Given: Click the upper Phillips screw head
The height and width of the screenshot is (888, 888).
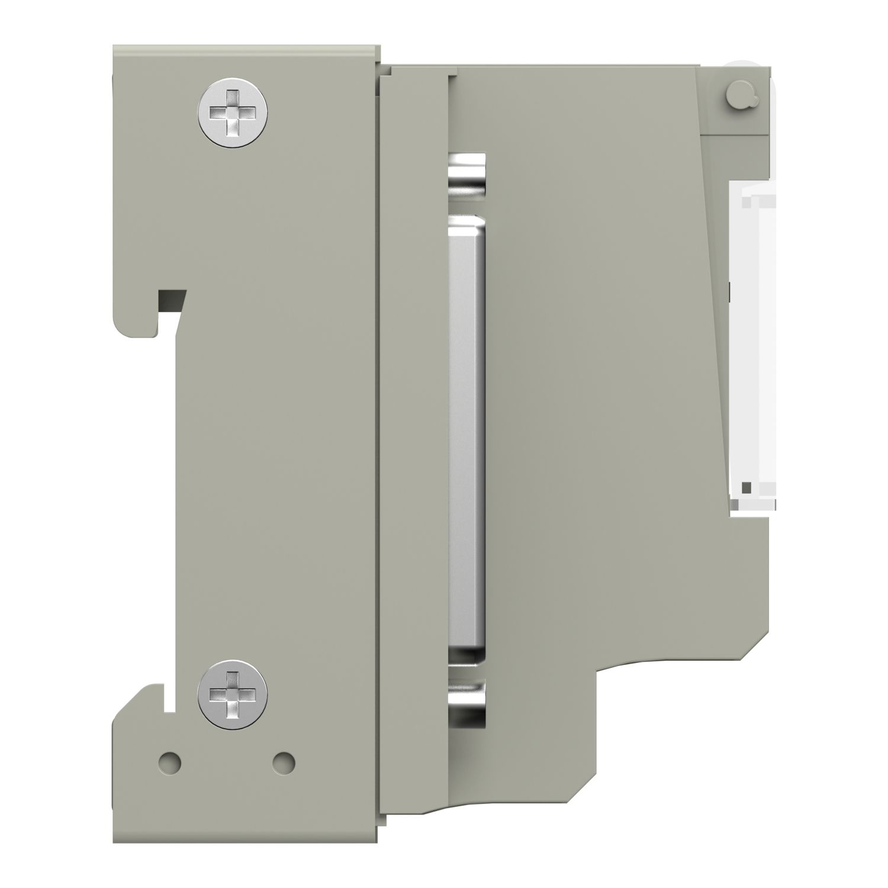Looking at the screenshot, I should (232, 112).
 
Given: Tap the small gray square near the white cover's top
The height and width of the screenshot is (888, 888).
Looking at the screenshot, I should (748, 203).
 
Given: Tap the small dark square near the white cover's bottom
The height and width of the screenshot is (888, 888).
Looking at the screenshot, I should (748, 487).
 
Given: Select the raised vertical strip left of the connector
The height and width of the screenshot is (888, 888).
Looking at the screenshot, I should (413, 414).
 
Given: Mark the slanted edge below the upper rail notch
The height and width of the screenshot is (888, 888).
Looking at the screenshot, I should (178, 332).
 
